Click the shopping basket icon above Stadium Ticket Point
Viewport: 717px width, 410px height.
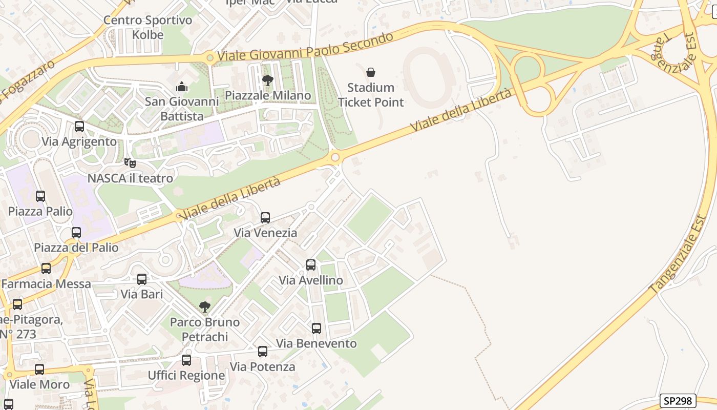(x=371, y=72)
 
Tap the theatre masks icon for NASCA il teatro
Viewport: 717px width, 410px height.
(x=130, y=163)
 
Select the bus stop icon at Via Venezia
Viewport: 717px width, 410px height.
(x=265, y=218)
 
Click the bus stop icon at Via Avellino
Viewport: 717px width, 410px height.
(x=311, y=265)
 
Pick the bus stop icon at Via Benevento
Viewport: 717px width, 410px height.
(x=317, y=329)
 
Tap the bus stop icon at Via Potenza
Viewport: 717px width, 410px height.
(x=263, y=352)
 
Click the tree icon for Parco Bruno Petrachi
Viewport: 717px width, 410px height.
(x=205, y=307)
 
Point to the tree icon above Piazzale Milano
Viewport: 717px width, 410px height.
(x=267, y=80)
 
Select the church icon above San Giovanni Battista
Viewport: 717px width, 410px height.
(x=181, y=87)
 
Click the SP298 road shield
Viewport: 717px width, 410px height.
(x=678, y=401)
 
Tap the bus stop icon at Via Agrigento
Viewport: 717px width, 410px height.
(x=79, y=127)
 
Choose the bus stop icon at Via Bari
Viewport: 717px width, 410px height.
(x=142, y=279)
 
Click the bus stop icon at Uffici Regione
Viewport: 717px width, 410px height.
(x=186, y=360)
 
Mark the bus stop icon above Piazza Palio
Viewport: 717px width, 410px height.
(x=40, y=196)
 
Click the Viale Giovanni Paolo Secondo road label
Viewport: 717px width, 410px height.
(x=305, y=47)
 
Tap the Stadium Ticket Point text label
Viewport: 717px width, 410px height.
(x=371, y=95)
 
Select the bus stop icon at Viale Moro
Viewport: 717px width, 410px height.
(x=39, y=370)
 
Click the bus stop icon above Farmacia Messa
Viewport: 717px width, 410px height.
(x=46, y=269)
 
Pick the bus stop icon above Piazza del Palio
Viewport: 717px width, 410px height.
(x=76, y=233)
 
